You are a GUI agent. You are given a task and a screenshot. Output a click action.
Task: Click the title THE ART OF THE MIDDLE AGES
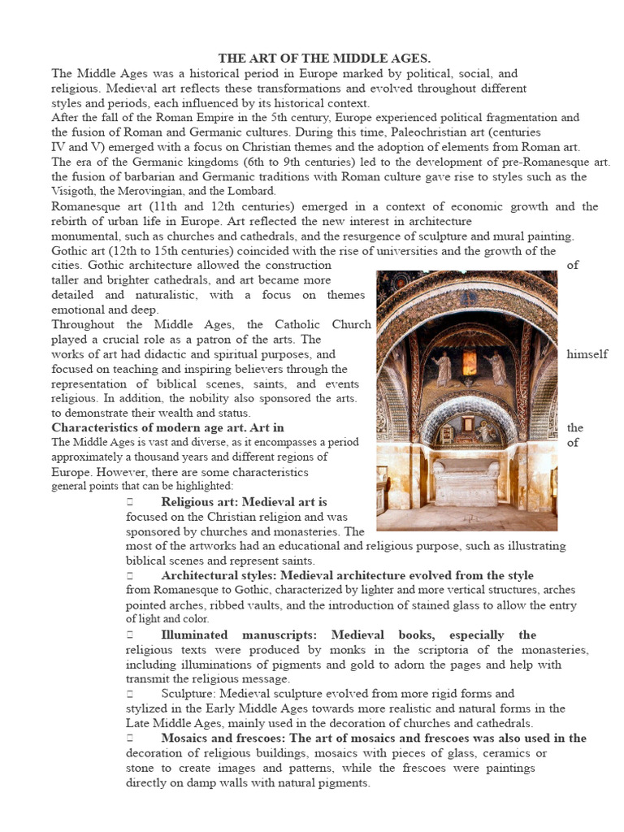323,58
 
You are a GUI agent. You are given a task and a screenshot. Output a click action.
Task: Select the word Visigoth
74,191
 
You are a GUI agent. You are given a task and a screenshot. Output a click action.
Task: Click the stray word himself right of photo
587,354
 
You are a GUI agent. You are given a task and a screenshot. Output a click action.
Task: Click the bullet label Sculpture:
188,694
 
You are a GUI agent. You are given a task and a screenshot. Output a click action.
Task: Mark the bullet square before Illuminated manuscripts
129,635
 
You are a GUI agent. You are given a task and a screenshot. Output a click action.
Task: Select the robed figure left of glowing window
443,368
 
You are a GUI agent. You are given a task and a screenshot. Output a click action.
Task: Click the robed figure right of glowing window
496,368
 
